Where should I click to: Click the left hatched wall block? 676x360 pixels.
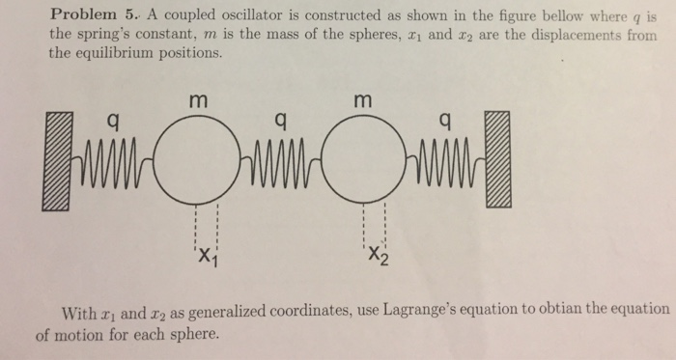click(x=56, y=160)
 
